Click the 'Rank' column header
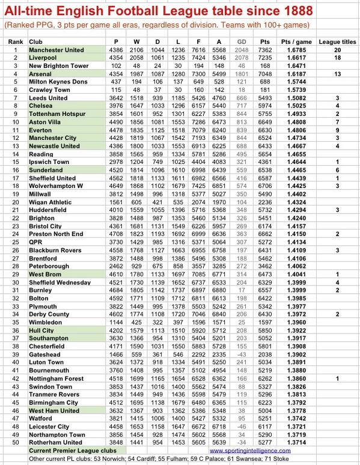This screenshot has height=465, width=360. click(x=16, y=40)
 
